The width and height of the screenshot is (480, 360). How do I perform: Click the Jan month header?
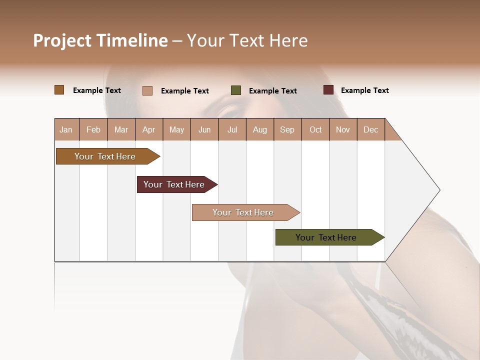66,129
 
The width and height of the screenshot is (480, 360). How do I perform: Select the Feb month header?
93,129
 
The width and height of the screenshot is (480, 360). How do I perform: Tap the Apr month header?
148,129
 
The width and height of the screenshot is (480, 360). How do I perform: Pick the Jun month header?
204,129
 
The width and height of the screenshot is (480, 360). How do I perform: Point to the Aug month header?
259,129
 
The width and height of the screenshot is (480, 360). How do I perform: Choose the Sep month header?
287,129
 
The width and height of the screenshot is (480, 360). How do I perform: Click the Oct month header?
315,129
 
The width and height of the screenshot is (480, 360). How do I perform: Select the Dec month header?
370,129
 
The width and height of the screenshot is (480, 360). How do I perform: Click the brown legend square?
59,90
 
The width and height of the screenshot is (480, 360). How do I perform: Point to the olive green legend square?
236,90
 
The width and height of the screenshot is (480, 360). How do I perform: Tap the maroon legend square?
328,90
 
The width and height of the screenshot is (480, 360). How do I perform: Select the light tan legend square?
147,90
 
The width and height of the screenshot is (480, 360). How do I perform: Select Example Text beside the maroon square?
364,90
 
